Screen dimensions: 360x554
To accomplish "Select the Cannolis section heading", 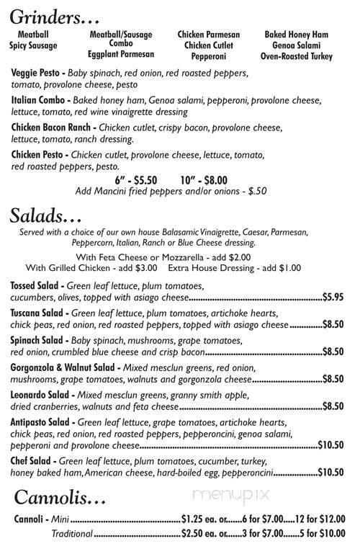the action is pos(60,498).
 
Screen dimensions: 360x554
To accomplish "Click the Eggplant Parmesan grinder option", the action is pos(121,54).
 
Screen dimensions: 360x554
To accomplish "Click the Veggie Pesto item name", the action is pos(37,73).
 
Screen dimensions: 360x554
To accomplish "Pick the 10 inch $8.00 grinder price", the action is pos(204,180).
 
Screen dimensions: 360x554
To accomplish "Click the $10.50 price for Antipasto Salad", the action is pos(330,445).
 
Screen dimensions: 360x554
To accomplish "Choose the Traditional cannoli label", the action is pos(72,533).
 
